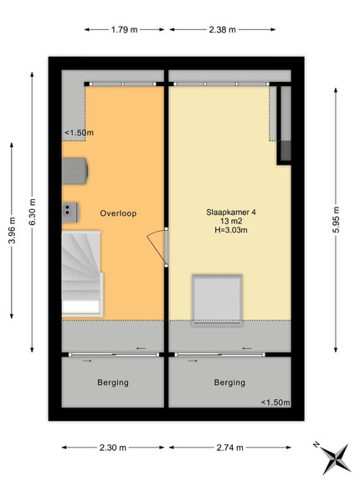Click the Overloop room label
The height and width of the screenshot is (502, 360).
(x=118, y=213)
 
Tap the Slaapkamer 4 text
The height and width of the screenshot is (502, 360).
(x=231, y=212)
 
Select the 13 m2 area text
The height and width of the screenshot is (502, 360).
(x=230, y=221)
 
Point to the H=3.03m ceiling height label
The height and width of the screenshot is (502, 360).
(x=231, y=229)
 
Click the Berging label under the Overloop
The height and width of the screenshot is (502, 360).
(x=113, y=382)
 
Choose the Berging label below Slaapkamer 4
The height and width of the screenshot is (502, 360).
(x=229, y=382)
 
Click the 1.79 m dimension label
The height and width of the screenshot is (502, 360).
(x=124, y=30)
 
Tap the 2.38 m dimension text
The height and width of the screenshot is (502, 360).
(x=222, y=30)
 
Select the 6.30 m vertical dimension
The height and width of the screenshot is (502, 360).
(x=32, y=212)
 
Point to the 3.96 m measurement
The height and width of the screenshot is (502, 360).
(x=12, y=230)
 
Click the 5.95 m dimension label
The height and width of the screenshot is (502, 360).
(x=336, y=219)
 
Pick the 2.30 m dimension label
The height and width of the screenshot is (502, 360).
(x=113, y=448)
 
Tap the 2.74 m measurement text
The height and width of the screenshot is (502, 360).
(x=229, y=448)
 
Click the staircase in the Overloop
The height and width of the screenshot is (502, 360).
(x=82, y=274)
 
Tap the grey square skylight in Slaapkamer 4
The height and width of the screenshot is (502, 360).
(x=217, y=300)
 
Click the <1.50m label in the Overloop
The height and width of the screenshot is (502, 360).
(x=79, y=132)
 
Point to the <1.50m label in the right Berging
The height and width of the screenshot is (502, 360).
(x=275, y=402)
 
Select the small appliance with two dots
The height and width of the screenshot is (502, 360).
(x=70, y=213)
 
